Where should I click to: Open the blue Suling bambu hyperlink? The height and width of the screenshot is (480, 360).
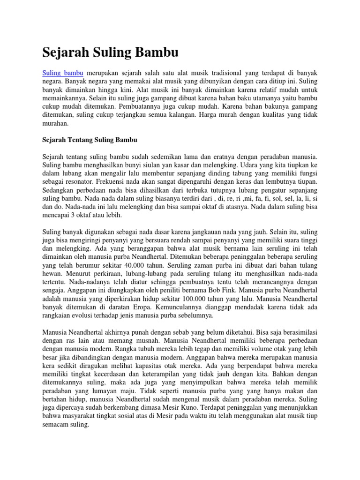coord(63,73)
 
